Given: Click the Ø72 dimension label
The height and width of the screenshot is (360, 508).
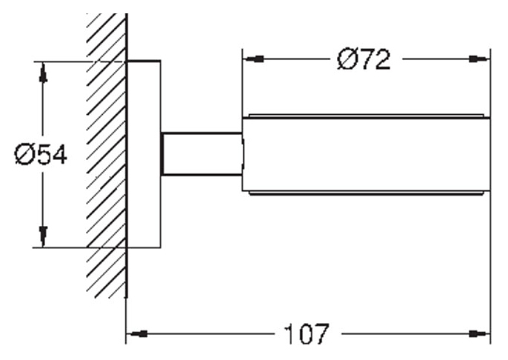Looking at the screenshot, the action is pyautogui.click(x=364, y=59).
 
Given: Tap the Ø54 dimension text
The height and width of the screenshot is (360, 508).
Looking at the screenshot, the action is pyautogui.click(x=41, y=154).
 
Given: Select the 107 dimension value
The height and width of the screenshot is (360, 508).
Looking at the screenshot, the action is pyautogui.click(x=307, y=334).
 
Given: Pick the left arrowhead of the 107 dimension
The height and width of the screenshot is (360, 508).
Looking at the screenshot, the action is pyautogui.click(x=137, y=334).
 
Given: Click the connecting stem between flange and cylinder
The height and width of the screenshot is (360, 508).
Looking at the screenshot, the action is pyautogui.click(x=201, y=154).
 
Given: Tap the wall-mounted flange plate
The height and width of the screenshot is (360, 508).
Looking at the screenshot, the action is pyautogui.click(x=144, y=154).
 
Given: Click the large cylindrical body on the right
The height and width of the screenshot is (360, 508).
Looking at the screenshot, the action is pyautogui.click(x=366, y=154).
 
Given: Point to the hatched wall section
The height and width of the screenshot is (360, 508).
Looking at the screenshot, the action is pyautogui.click(x=107, y=156).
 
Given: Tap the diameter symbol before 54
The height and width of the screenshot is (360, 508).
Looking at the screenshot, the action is pyautogui.click(x=24, y=154).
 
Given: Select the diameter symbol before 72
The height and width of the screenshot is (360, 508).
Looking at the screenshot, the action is pyautogui.click(x=347, y=59).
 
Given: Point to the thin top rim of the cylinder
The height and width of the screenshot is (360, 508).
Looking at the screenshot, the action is pyautogui.click(x=367, y=116).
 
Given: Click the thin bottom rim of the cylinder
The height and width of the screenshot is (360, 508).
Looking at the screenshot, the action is pyautogui.click(x=367, y=193).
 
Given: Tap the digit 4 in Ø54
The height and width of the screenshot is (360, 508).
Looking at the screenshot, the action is pyautogui.click(x=59, y=154).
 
